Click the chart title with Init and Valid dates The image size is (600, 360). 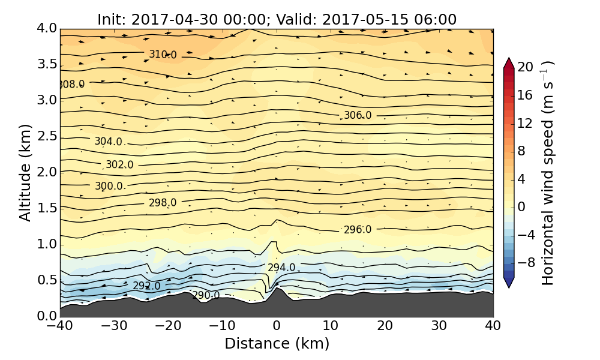(277, 19)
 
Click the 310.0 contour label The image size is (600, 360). (163, 55)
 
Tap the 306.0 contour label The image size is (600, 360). (357, 115)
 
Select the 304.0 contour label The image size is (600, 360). (108, 142)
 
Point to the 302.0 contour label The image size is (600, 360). (119, 164)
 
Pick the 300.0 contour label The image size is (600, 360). (108, 186)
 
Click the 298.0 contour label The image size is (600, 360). (163, 203)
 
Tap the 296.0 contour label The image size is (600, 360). (357, 230)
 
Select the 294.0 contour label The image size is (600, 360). (281, 268)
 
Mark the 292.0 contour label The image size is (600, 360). (146, 286)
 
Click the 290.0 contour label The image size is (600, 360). (205, 295)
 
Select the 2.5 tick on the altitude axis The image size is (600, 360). (47, 136)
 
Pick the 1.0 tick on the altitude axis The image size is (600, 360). (47, 244)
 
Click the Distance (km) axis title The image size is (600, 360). (277, 344)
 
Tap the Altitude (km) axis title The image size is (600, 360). (25, 172)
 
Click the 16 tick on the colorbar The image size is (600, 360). (526, 95)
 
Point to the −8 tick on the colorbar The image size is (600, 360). (526, 262)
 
